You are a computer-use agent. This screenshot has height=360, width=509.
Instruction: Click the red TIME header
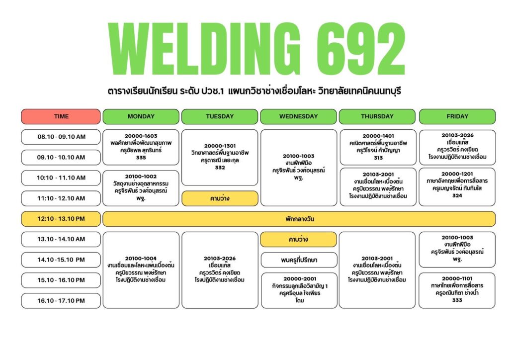coord(61,116)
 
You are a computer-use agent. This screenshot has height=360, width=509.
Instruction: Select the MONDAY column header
coord(141,116)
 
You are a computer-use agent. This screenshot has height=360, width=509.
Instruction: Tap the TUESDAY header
coord(220,116)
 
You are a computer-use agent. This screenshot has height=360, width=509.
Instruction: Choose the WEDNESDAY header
coord(298,116)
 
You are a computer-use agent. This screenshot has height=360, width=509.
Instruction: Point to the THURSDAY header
coord(377,116)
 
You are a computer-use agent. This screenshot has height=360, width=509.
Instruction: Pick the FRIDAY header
coord(457,116)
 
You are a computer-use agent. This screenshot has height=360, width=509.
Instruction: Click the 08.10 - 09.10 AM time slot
coord(61,137)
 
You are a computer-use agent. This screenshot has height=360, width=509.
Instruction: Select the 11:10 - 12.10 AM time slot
coord(61,198)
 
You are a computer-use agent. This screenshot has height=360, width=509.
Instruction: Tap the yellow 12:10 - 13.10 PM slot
coord(61,219)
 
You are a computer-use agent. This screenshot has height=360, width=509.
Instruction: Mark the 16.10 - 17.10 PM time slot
coord(61,301)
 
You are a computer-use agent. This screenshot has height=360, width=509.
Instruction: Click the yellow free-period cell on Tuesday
coord(220,198)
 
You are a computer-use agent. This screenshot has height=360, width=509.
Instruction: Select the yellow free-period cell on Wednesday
coord(298,240)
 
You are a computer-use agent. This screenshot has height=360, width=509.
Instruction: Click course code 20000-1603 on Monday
coord(141,136)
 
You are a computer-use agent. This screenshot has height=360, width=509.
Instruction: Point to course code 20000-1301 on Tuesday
coord(220,146)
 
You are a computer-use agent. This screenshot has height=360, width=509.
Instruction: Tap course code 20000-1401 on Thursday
coord(378,136)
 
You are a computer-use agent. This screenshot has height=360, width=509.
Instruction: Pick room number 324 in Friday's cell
coord(457,195)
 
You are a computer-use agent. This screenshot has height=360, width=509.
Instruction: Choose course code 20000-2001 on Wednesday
coord(300,279)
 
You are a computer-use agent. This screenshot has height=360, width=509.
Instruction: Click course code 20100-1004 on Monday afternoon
coord(141,259)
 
